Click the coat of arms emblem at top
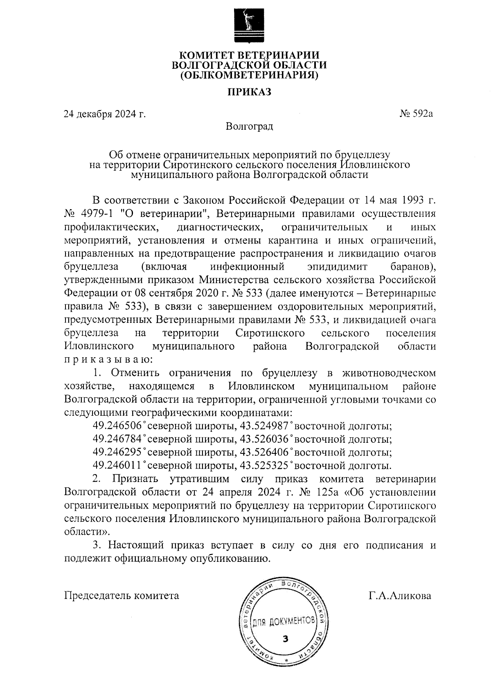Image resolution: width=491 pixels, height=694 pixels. [249, 24]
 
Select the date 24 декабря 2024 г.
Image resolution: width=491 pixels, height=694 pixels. [105, 114]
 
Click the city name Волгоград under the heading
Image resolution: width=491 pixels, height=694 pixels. [249, 126]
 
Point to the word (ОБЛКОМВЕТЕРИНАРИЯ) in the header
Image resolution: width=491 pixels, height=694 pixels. [249, 75]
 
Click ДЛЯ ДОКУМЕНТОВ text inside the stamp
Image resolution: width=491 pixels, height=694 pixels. [283, 622]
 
